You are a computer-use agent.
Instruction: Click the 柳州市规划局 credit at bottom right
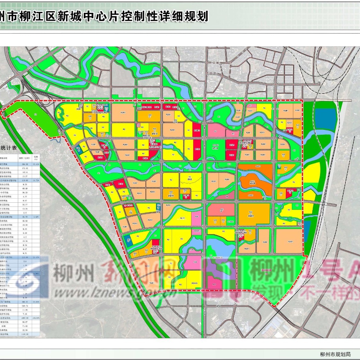335,354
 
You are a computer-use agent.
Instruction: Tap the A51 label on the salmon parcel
222,210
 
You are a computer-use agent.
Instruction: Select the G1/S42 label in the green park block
216,145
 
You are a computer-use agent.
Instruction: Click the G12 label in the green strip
229,164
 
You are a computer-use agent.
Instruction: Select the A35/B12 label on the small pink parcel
197,231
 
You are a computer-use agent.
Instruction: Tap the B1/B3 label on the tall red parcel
197,149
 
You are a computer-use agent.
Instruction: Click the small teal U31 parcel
159,207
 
